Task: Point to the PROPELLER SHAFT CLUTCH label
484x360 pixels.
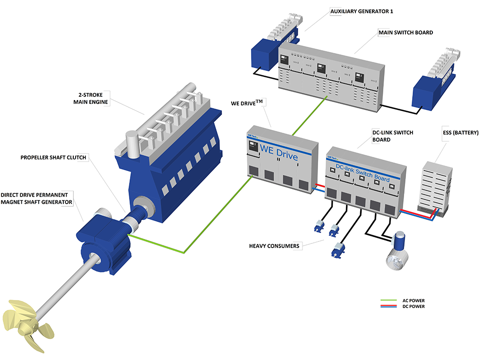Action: [x=53, y=157]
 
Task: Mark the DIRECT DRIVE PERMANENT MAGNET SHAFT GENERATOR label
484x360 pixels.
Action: [x=36, y=198]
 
